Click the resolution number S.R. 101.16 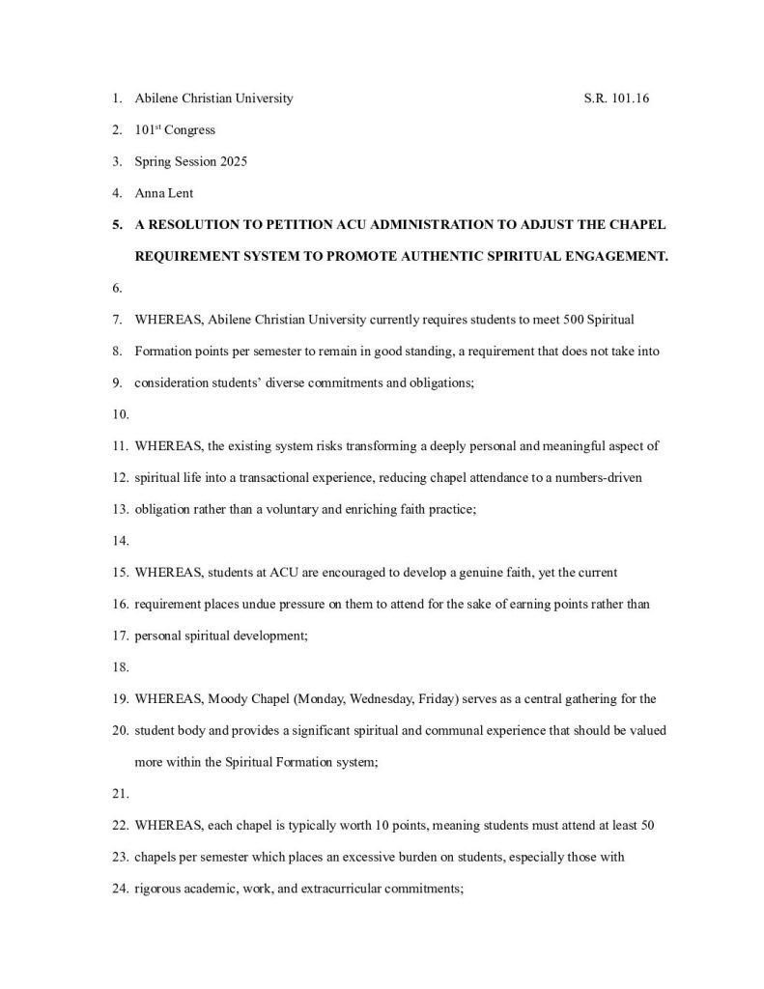point(616,99)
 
